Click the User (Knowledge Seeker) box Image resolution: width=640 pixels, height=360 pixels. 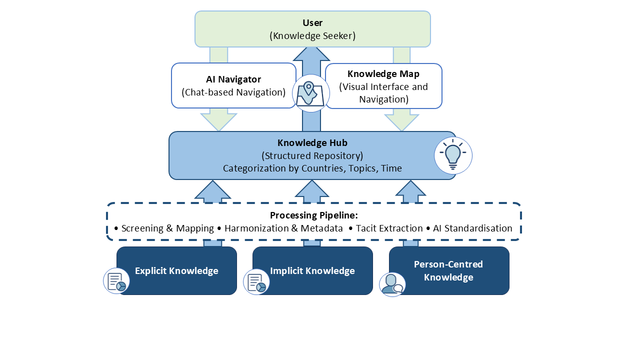click(312, 29)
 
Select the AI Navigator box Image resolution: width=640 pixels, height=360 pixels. click(233, 85)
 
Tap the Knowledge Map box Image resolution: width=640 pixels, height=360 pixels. click(383, 86)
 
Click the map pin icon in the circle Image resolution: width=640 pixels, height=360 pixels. click(310, 93)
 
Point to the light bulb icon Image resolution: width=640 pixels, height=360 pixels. click(453, 155)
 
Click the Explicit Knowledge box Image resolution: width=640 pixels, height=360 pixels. click(176, 271)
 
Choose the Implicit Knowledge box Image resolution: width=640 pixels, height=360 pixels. click(312, 271)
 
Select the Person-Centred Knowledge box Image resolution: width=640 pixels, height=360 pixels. click(448, 271)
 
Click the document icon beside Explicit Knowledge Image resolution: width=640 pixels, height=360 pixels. click(116, 281)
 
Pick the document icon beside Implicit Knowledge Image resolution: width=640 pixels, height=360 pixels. click(256, 281)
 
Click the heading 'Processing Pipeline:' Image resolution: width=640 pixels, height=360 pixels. click(314, 215)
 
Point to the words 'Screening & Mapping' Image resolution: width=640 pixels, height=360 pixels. click(167, 228)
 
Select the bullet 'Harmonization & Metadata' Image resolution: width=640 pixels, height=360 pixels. click(283, 228)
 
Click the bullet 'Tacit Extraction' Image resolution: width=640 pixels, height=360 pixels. click(389, 228)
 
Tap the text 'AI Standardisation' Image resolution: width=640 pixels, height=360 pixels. click(472, 228)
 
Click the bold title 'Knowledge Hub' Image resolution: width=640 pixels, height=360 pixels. click(312, 143)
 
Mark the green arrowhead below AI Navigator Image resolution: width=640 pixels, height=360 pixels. click(218, 121)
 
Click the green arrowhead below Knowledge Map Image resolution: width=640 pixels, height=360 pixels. click(401, 121)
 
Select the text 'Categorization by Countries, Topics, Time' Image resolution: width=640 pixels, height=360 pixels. click(312, 168)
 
